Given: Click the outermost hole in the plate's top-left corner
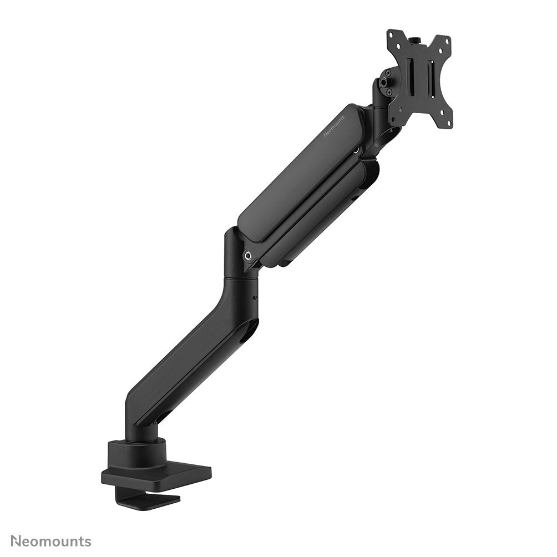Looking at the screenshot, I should click(391, 34).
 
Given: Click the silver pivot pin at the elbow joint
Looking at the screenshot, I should click(248, 255).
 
